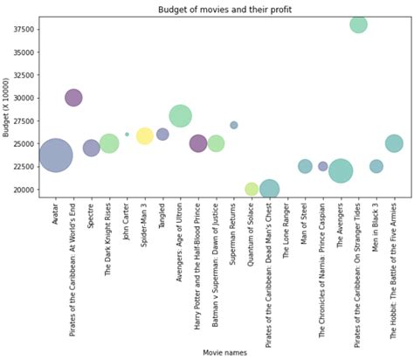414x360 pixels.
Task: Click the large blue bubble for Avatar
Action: [x=56, y=156]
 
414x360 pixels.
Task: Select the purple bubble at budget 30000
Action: [x=73, y=98]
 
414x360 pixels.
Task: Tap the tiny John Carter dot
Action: [x=127, y=135]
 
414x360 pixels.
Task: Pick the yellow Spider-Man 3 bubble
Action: [x=145, y=135]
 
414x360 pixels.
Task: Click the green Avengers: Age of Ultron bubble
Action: [x=181, y=115]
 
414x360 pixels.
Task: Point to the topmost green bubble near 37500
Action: [x=358, y=24]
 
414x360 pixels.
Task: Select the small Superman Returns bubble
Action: [x=234, y=125]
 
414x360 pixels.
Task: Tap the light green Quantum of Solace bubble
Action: [x=252, y=189]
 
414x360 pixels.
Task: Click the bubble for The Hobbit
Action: [x=394, y=143]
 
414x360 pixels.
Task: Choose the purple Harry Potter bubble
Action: [x=198, y=143]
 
